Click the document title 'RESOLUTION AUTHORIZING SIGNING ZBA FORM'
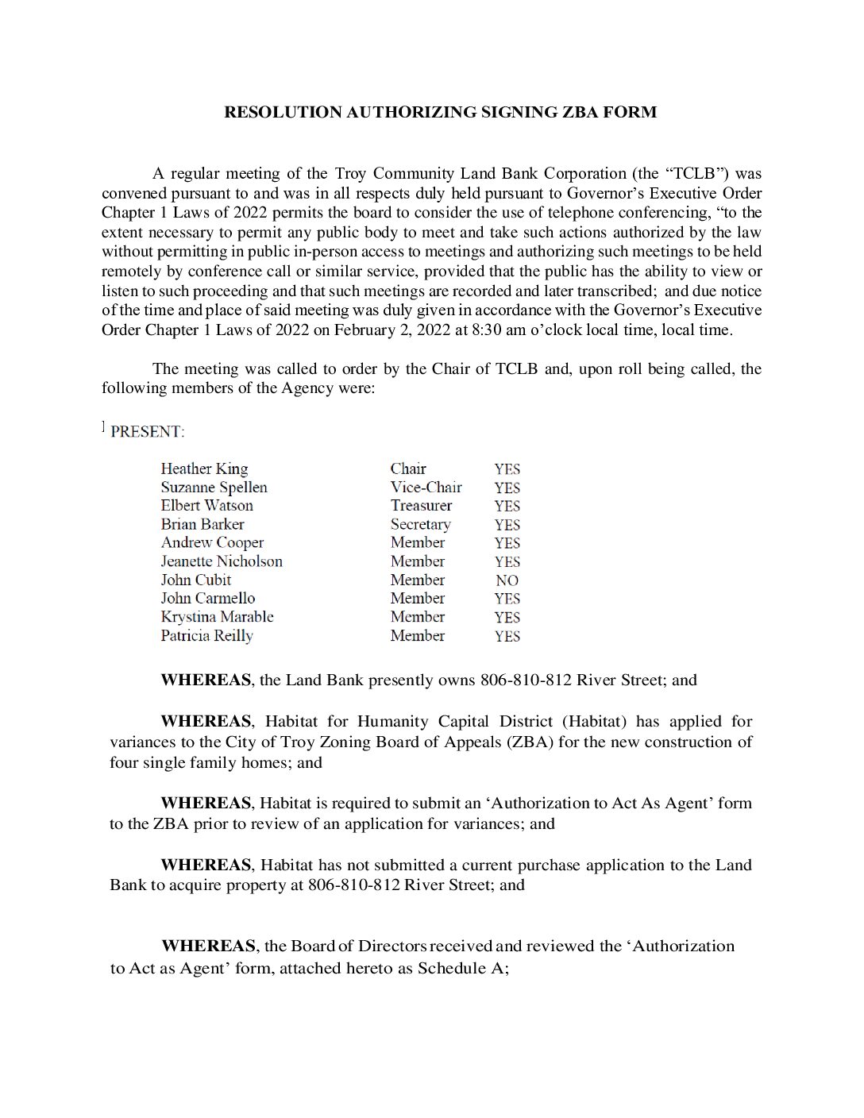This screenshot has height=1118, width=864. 440,112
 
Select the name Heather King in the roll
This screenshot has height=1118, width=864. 204,468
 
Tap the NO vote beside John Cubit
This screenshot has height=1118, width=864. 507,580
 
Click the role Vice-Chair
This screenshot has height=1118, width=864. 426,487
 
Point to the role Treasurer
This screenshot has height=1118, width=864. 421,505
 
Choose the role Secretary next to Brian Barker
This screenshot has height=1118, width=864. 420,524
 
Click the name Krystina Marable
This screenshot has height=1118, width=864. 217,617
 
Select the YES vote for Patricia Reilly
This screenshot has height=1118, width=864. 507,636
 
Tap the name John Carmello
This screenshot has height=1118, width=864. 208,598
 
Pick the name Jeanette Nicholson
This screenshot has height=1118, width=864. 222,561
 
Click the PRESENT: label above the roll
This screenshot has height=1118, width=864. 147,432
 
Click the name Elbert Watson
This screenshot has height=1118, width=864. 206,505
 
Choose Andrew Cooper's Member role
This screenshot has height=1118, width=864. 417,542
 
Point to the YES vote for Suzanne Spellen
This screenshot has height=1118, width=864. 507,488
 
